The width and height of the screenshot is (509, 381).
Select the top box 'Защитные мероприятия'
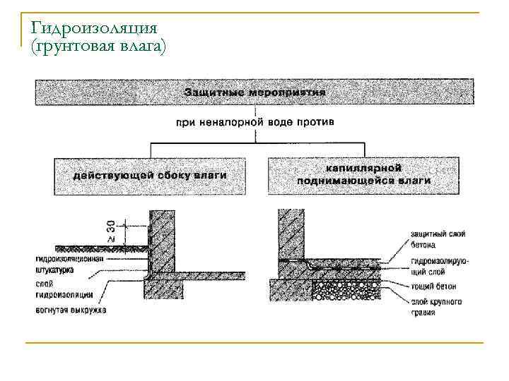255,92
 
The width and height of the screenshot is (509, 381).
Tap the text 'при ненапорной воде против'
255,122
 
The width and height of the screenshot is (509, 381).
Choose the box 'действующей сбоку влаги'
150,175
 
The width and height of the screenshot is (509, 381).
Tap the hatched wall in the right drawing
291,236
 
